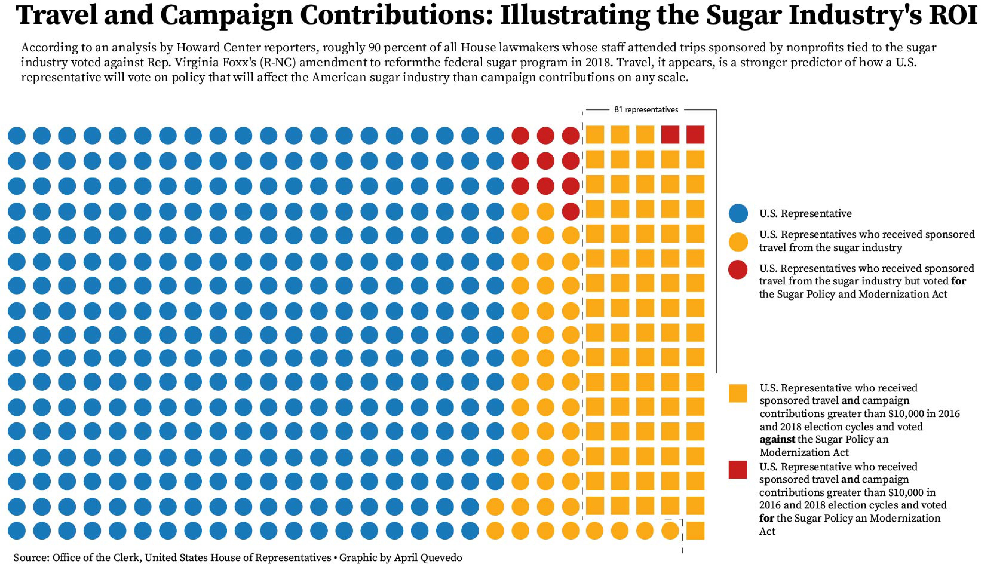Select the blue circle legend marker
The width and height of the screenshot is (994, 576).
click(x=738, y=213)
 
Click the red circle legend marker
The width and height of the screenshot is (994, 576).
click(x=738, y=270)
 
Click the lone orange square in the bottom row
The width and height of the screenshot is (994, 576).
click(x=695, y=531)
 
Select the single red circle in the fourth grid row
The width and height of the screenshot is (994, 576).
click(x=570, y=212)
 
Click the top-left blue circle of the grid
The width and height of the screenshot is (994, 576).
click(x=17, y=135)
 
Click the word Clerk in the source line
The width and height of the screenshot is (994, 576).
click(x=126, y=558)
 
